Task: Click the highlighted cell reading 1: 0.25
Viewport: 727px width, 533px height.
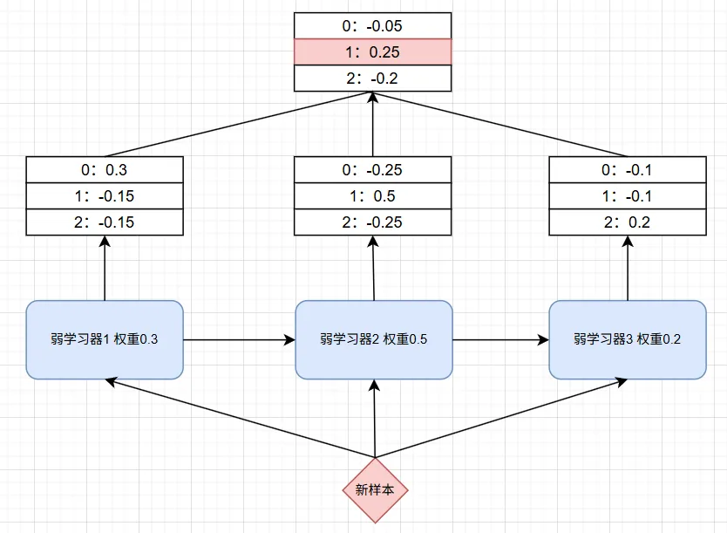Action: pyautogui.click(x=372, y=52)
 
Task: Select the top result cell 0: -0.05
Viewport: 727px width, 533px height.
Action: pyautogui.click(x=372, y=26)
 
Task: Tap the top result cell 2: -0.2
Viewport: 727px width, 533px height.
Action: pyautogui.click(x=372, y=78)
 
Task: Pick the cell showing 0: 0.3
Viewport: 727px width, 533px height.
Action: pyautogui.click(x=105, y=170)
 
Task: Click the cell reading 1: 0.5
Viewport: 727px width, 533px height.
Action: pyautogui.click(x=372, y=195)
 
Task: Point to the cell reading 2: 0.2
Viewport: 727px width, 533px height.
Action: pyautogui.click(x=628, y=222)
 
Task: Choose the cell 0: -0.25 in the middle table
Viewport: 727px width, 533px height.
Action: pyautogui.click(x=372, y=170)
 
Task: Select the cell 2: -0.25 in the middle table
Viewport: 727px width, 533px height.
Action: pyautogui.click(x=372, y=222)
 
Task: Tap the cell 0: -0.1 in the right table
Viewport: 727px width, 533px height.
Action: pyautogui.click(x=628, y=170)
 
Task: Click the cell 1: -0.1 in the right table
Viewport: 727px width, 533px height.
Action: pyautogui.click(x=628, y=195)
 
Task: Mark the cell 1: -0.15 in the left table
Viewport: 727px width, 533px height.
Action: pyautogui.click(x=105, y=195)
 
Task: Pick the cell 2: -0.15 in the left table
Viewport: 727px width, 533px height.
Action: pyautogui.click(x=105, y=222)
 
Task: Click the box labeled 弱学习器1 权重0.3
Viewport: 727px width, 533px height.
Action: pyautogui.click(x=105, y=339)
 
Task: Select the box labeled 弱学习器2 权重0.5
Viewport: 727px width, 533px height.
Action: pyautogui.click(x=374, y=339)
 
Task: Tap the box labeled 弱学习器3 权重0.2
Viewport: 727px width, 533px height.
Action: pyautogui.click(x=628, y=339)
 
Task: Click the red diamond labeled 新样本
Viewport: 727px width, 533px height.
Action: pyautogui.click(x=375, y=490)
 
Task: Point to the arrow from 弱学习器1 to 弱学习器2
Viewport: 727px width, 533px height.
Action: pyautogui.click(x=239, y=340)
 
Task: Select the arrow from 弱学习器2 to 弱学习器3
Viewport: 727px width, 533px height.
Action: pyautogui.click(x=500, y=340)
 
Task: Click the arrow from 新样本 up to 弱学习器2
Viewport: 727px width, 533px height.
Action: pyautogui.click(x=375, y=419)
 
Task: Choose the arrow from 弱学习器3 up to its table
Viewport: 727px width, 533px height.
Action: pyautogui.click(x=628, y=268)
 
